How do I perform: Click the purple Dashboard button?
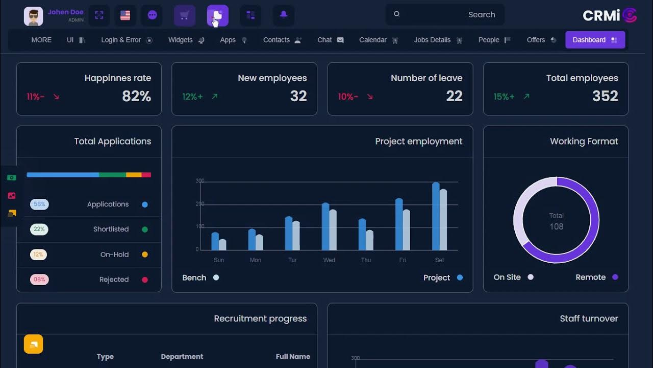(x=595, y=40)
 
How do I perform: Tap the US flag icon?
(x=125, y=15)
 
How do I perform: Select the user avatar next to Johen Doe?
(x=33, y=16)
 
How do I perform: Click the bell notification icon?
(x=284, y=15)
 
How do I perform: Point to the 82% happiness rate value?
(x=136, y=96)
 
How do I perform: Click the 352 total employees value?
(x=605, y=96)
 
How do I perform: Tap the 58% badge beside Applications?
(x=39, y=204)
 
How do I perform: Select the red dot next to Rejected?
(x=145, y=280)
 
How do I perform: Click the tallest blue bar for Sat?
(x=436, y=216)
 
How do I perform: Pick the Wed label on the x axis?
(x=329, y=260)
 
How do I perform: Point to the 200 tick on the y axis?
(x=200, y=204)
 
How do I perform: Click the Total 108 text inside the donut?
(x=556, y=221)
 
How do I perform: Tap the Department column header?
(x=182, y=357)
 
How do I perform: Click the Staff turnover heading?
(x=589, y=318)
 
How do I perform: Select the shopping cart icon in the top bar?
(x=185, y=15)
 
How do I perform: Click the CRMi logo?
(x=609, y=15)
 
